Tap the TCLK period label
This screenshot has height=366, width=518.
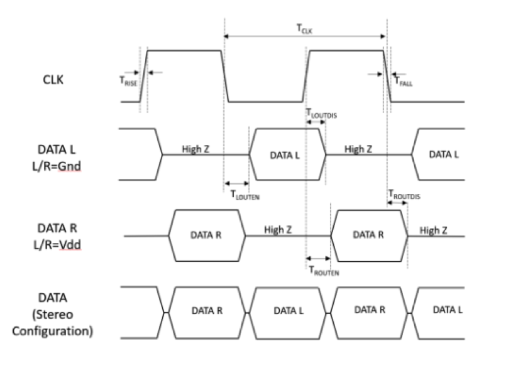(x=305, y=28)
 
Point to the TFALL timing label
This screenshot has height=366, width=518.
(x=403, y=82)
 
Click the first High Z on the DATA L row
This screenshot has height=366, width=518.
(x=196, y=149)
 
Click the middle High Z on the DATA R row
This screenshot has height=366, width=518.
(x=278, y=230)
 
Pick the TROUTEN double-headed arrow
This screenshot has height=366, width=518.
(x=318, y=257)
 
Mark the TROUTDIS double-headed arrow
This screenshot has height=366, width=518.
(x=397, y=203)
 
